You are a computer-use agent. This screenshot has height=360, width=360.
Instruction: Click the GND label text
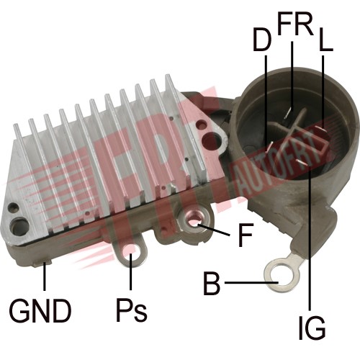tap(40, 311)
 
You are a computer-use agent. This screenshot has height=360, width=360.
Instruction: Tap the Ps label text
tap(131, 310)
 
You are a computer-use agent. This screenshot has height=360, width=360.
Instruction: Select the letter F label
tap(246, 235)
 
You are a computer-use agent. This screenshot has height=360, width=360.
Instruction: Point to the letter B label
tap(212, 283)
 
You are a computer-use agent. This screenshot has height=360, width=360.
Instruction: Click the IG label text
tap(312, 328)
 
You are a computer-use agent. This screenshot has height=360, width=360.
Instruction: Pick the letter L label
tap(326, 39)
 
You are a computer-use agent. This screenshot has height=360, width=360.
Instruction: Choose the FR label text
tap(296, 24)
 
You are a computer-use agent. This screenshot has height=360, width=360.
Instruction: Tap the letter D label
tap(262, 39)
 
